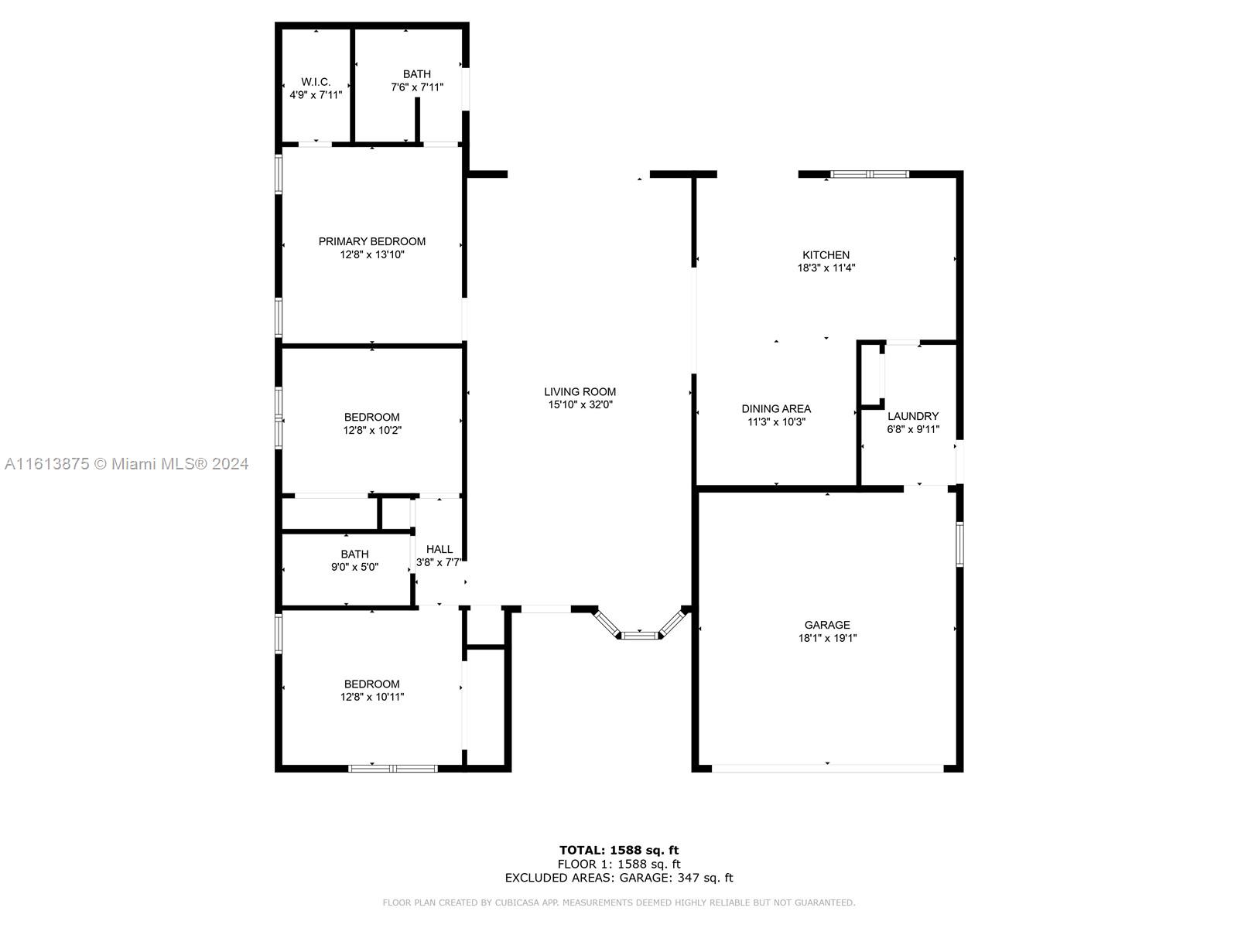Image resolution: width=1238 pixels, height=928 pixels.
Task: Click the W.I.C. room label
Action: [315, 82]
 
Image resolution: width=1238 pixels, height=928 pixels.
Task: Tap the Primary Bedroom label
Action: [371, 242]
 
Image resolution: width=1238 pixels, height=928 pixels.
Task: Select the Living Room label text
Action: [580, 391]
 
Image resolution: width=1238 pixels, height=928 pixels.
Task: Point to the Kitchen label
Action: [826, 255]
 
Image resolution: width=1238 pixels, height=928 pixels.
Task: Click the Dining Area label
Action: [776, 409]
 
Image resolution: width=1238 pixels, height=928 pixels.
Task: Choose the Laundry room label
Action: [912, 416]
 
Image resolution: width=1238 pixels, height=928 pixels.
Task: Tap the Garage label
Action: [827, 625]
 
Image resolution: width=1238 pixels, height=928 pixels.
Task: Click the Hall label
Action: [439, 549]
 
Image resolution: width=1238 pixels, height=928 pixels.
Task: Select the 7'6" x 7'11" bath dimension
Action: [417, 87]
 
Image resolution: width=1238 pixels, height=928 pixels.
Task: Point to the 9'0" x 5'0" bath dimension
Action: [354, 567]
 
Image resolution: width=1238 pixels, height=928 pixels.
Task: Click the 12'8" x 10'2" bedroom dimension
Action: [371, 431]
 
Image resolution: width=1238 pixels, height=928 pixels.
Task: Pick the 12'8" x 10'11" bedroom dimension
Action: [371, 697]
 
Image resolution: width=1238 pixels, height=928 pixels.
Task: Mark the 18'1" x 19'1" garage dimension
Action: [827, 639]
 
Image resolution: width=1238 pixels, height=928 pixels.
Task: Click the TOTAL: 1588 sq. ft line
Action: [619, 850]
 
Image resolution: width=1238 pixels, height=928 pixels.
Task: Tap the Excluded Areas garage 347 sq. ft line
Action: [619, 877]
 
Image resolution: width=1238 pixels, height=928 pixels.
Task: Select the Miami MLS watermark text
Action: [126, 464]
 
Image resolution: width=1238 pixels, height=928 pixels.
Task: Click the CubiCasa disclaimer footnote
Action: [619, 902]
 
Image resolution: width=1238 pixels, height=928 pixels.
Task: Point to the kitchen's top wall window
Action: [870, 174]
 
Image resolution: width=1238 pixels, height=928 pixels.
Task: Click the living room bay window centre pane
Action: [640, 636]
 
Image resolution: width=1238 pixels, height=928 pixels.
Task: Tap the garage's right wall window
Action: [959, 544]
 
